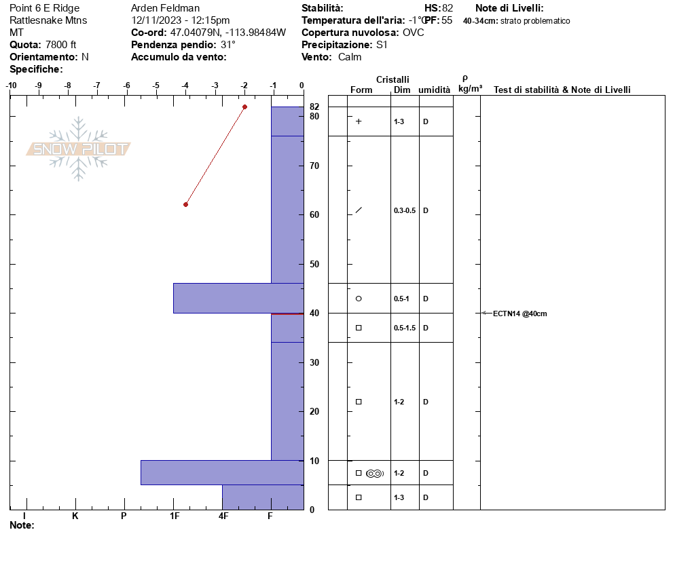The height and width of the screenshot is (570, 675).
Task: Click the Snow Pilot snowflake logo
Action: [x=78, y=149]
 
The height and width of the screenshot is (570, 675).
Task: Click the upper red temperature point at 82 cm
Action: [x=244, y=107]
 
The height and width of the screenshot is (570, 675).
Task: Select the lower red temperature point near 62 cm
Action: [x=185, y=204]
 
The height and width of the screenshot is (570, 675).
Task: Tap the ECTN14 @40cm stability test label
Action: [x=519, y=313]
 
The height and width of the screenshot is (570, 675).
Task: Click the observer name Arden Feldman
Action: [x=165, y=8]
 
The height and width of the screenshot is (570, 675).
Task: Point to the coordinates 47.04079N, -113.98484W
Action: [x=227, y=33]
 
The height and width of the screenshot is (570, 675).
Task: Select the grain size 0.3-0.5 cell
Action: [x=405, y=210]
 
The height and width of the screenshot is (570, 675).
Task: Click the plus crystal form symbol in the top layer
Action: [x=359, y=121]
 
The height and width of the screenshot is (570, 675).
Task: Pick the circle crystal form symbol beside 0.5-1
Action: [x=359, y=299]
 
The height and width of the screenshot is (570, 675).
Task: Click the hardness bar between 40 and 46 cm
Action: [x=238, y=298]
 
